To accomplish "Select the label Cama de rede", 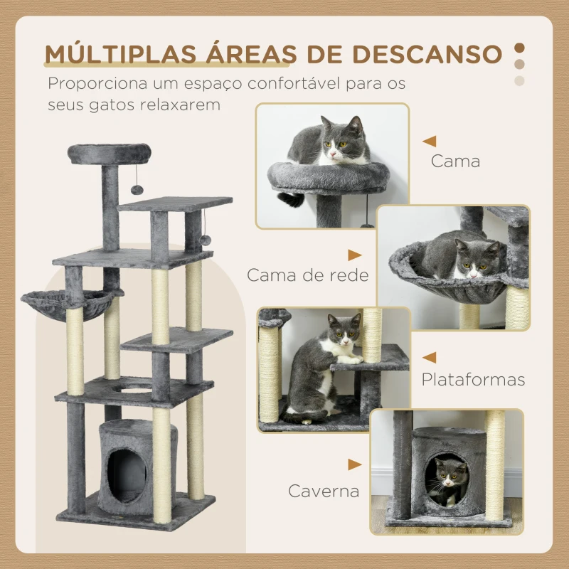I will coord(308,275).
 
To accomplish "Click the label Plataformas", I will coord(473,379).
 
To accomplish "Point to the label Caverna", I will coord(324,490).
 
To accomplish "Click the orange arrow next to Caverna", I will coord(354,464).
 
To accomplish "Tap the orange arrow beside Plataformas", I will coord(429,357).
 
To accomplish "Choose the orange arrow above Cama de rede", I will coord(354,254).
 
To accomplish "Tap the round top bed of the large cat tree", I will coord(110,152).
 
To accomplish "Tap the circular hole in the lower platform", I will coord(134,388).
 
